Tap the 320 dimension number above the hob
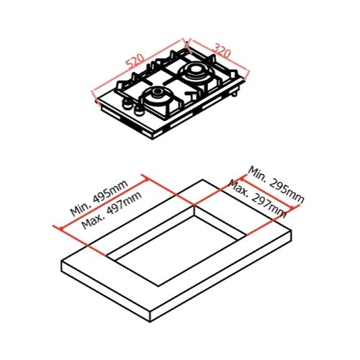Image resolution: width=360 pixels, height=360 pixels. [222, 50]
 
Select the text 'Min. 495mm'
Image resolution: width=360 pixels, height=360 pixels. [99, 198]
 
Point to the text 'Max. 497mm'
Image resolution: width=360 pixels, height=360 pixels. [112, 210]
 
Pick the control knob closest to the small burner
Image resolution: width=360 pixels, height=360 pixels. [138, 111]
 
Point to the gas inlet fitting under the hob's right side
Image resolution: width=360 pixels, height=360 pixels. [235, 93]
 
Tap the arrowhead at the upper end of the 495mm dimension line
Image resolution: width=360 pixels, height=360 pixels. [146, 179]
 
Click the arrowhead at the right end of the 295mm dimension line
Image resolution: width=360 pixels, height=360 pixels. [292, 208]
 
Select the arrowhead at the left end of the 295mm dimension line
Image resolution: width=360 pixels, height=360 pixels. [242, 178]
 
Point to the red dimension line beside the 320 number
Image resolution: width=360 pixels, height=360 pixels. [218, 58]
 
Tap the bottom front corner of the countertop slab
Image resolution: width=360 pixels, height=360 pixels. [150, 322]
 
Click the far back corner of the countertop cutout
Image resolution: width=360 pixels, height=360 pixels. [194, 206]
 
